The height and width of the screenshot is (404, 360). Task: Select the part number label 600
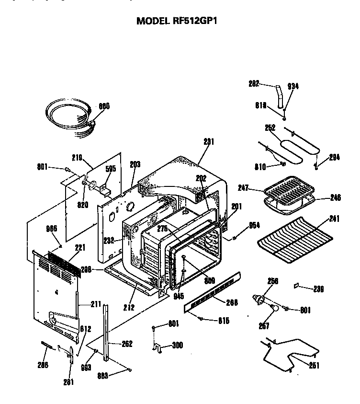coord(104,106)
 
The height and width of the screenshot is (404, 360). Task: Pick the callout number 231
coord(209,142)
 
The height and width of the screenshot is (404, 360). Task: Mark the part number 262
coord(126,344)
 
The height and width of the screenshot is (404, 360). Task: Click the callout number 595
coord(111,168)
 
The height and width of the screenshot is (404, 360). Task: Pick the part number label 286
coord(42,364)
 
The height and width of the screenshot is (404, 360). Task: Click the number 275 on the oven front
coord(163,229)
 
